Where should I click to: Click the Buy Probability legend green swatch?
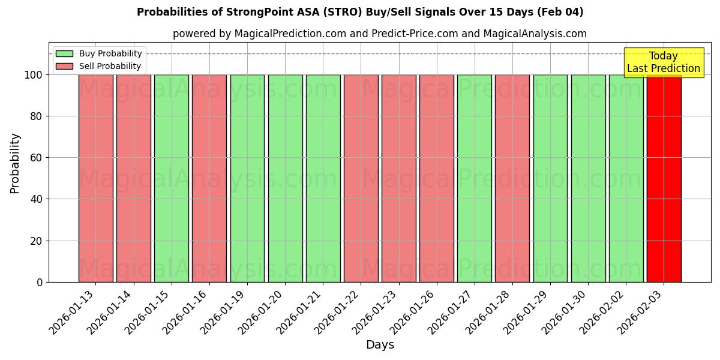pyautogui.click(x=64, y=53)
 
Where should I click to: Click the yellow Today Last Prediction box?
pyautogui.click(x=663, y=62)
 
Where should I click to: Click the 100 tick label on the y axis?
pyautogui.click(x=32, y=75)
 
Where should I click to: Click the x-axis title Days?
pyautogui.click(x=380, y=345)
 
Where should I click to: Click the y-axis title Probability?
pyautogui.click(x=15, y=163)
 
